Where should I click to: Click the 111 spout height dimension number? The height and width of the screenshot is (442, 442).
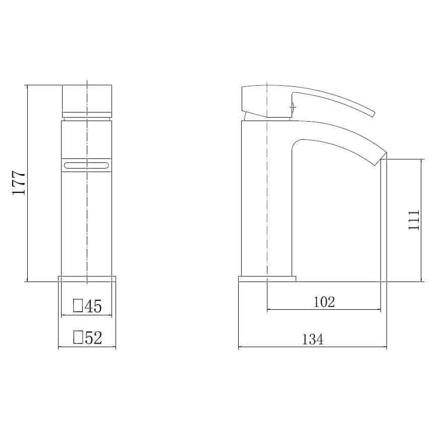(414, 220)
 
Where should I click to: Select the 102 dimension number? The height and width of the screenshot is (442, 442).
(324, 302)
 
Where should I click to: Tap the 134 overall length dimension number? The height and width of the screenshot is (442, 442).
(313, 340)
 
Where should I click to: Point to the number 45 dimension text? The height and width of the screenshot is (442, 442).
(93, 306)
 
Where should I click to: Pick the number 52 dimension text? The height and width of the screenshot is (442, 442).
(93, 338)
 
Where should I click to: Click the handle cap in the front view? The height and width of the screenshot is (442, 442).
(86, 99)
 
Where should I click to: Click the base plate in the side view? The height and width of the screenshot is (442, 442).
(267, 279)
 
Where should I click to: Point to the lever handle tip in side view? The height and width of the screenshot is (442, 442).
(373, 113)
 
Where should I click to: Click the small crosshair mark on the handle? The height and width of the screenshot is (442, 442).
(291, 106)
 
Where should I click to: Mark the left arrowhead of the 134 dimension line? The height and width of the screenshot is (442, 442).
(240, 347)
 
